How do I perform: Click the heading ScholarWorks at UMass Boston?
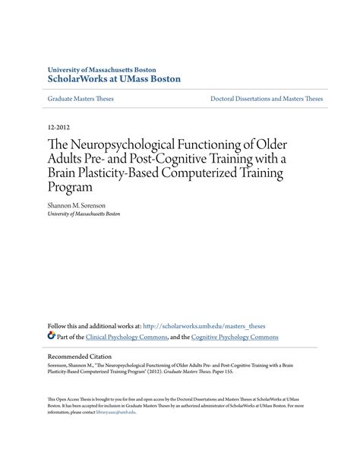click(x=113, y=79)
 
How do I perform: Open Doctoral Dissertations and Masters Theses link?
click(x=267, y=99)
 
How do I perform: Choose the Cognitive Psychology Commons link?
click(x=235, y=337)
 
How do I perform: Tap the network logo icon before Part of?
click(x=51, y=336)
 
